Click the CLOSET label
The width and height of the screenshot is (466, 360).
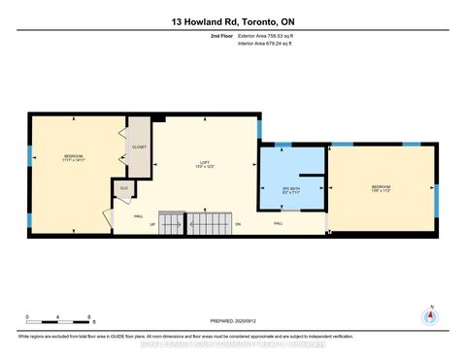point(139,147)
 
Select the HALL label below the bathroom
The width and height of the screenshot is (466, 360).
point(278,223)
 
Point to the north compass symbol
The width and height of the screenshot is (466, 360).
point(428,314)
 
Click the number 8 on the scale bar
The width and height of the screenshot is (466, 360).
point(89,317)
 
